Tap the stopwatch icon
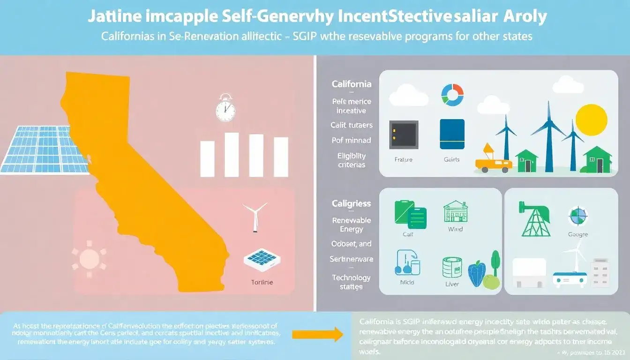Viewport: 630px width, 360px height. click(x=225, y=109)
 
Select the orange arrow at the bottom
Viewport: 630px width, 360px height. click(x=317, y=334)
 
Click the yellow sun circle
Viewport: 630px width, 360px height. click(x=591, y=120)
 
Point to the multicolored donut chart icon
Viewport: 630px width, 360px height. click(x=452, y=95)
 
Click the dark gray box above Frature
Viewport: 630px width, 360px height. click(x=403, y=134)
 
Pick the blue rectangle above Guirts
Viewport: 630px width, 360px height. click(x=452, y=134)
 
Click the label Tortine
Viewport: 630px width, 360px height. click(x=262, y=283)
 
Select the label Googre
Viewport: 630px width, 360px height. click(x=577, y=234)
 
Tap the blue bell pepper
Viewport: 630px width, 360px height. click(x=477, y=274)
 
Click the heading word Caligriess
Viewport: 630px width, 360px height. click(x=351, y=204)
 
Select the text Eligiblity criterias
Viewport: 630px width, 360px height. click(x=352, y=160)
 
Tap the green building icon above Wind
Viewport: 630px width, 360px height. click(x=455, y=212)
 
